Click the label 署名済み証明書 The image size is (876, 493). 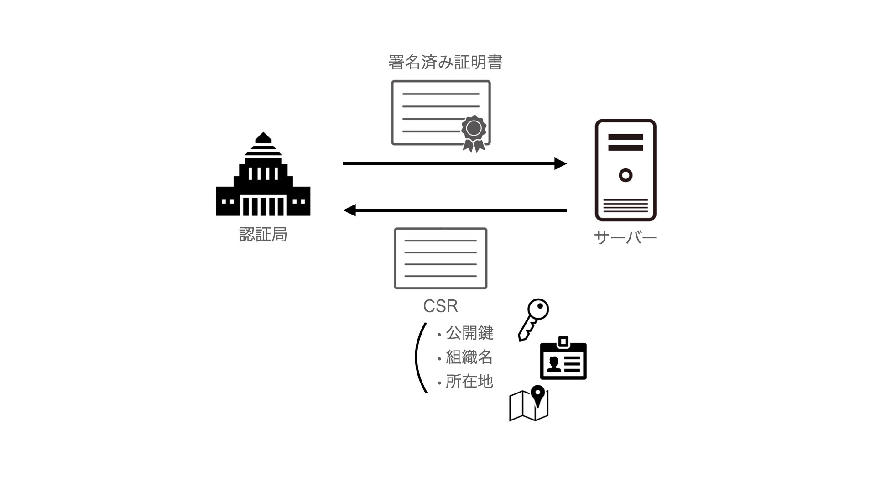tap(445, 63)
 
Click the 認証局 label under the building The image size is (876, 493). tap(263, 235)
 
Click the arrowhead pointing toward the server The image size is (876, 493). tap(560, 163)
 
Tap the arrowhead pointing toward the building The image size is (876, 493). tap(350, 210)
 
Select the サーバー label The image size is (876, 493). tap(625, 237)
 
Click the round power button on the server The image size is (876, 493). tap(626, 175)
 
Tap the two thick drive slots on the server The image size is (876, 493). tap(626, 142)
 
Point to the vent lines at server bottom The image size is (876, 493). tap(626, 206)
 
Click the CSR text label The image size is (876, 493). tap(440, 306)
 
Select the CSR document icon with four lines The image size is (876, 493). tap(440, 258)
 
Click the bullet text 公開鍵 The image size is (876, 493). tap(469, 333)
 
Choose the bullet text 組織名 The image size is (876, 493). tap(469, 357)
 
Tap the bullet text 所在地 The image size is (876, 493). tap(469, 382)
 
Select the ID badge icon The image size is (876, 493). tap(563, 359)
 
